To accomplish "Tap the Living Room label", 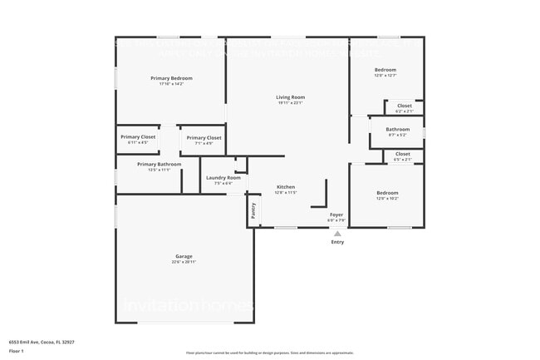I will click(290, 97).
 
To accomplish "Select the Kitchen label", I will click(286, 186).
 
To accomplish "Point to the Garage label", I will click(184, 256).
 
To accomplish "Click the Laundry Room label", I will click(223, 178).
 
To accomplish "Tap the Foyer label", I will click(336, 215).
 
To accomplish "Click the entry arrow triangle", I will click(337, 234).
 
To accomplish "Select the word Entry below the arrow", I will click(337, 242).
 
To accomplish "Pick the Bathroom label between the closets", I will click(397, 129).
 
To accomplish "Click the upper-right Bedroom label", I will click(385, 70).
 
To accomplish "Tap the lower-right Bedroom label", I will click(387, 193).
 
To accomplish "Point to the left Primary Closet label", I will click(138, 137).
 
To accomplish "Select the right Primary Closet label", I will click(204, 138).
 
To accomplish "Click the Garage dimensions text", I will click(184, 262).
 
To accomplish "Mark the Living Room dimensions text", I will click(290, 103).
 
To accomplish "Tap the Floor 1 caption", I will click(17, 352).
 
